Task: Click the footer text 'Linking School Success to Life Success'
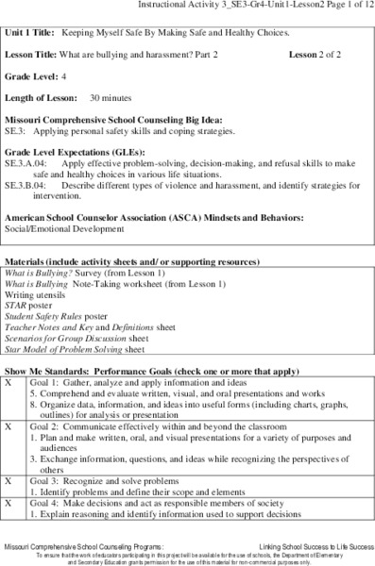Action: pos(308,546)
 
